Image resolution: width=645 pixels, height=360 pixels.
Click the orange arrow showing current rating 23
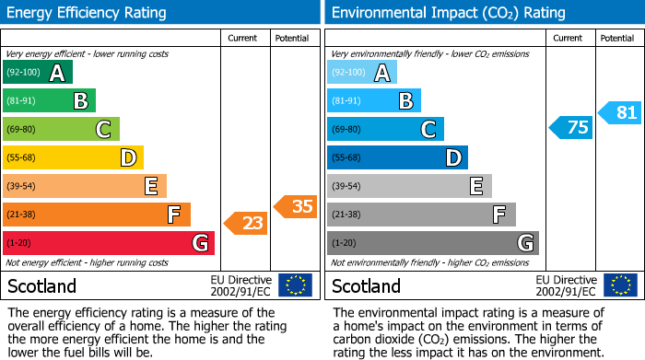(245, 222)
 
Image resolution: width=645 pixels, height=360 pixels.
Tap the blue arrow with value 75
(570, 128)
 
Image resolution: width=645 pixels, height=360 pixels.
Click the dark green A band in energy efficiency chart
(37, 73)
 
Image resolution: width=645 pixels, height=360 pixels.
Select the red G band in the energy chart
(108, 243)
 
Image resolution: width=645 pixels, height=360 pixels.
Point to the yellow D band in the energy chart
(73, 157)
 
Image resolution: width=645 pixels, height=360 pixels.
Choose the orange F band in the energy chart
(96, 215)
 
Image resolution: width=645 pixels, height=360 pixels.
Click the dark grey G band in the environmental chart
(432, 243)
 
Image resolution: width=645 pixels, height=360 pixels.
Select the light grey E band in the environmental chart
(409, 186)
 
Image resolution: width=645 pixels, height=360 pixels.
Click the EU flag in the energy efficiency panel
(295, 285)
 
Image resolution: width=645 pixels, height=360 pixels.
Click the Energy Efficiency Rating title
(87, 13)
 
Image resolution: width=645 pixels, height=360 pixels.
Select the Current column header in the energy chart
(244, 38)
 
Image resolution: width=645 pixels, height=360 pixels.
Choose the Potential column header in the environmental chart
(617, 38)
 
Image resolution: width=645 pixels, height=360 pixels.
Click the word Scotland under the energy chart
(42, 285)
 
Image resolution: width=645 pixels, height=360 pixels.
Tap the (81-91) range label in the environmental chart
(347, 101)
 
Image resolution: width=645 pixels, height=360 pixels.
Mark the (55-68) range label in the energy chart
(23, 158)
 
